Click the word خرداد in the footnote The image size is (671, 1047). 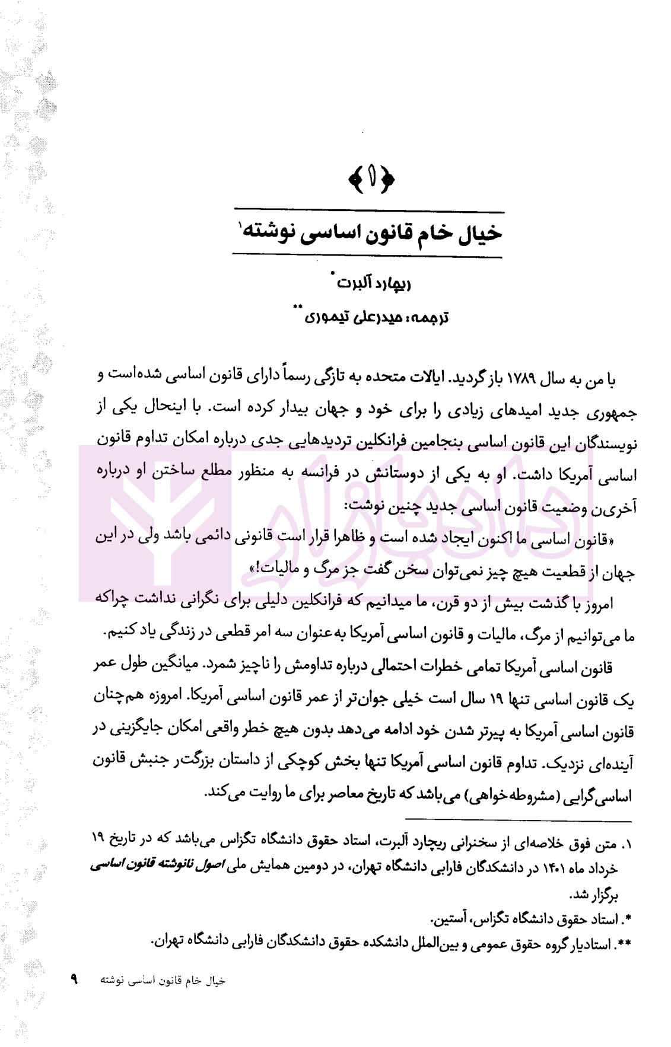pos(603,868)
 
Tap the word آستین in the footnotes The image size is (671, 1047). pos(454,920)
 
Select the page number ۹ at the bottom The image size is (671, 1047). pos(75,979)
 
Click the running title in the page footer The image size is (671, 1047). pos(163,980)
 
